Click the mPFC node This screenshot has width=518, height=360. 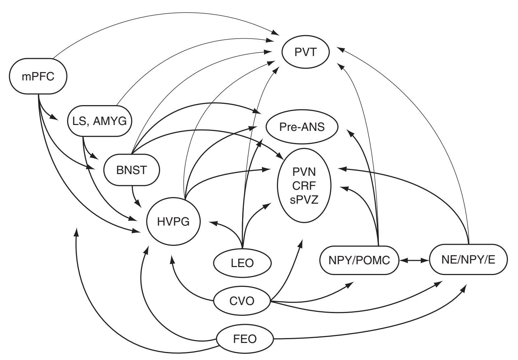click(x=38, y=77)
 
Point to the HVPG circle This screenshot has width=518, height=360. click(x=174, y=221)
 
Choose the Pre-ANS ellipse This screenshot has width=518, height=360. click(x=302, y=127)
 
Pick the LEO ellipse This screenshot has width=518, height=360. click(x=242, y=263)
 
